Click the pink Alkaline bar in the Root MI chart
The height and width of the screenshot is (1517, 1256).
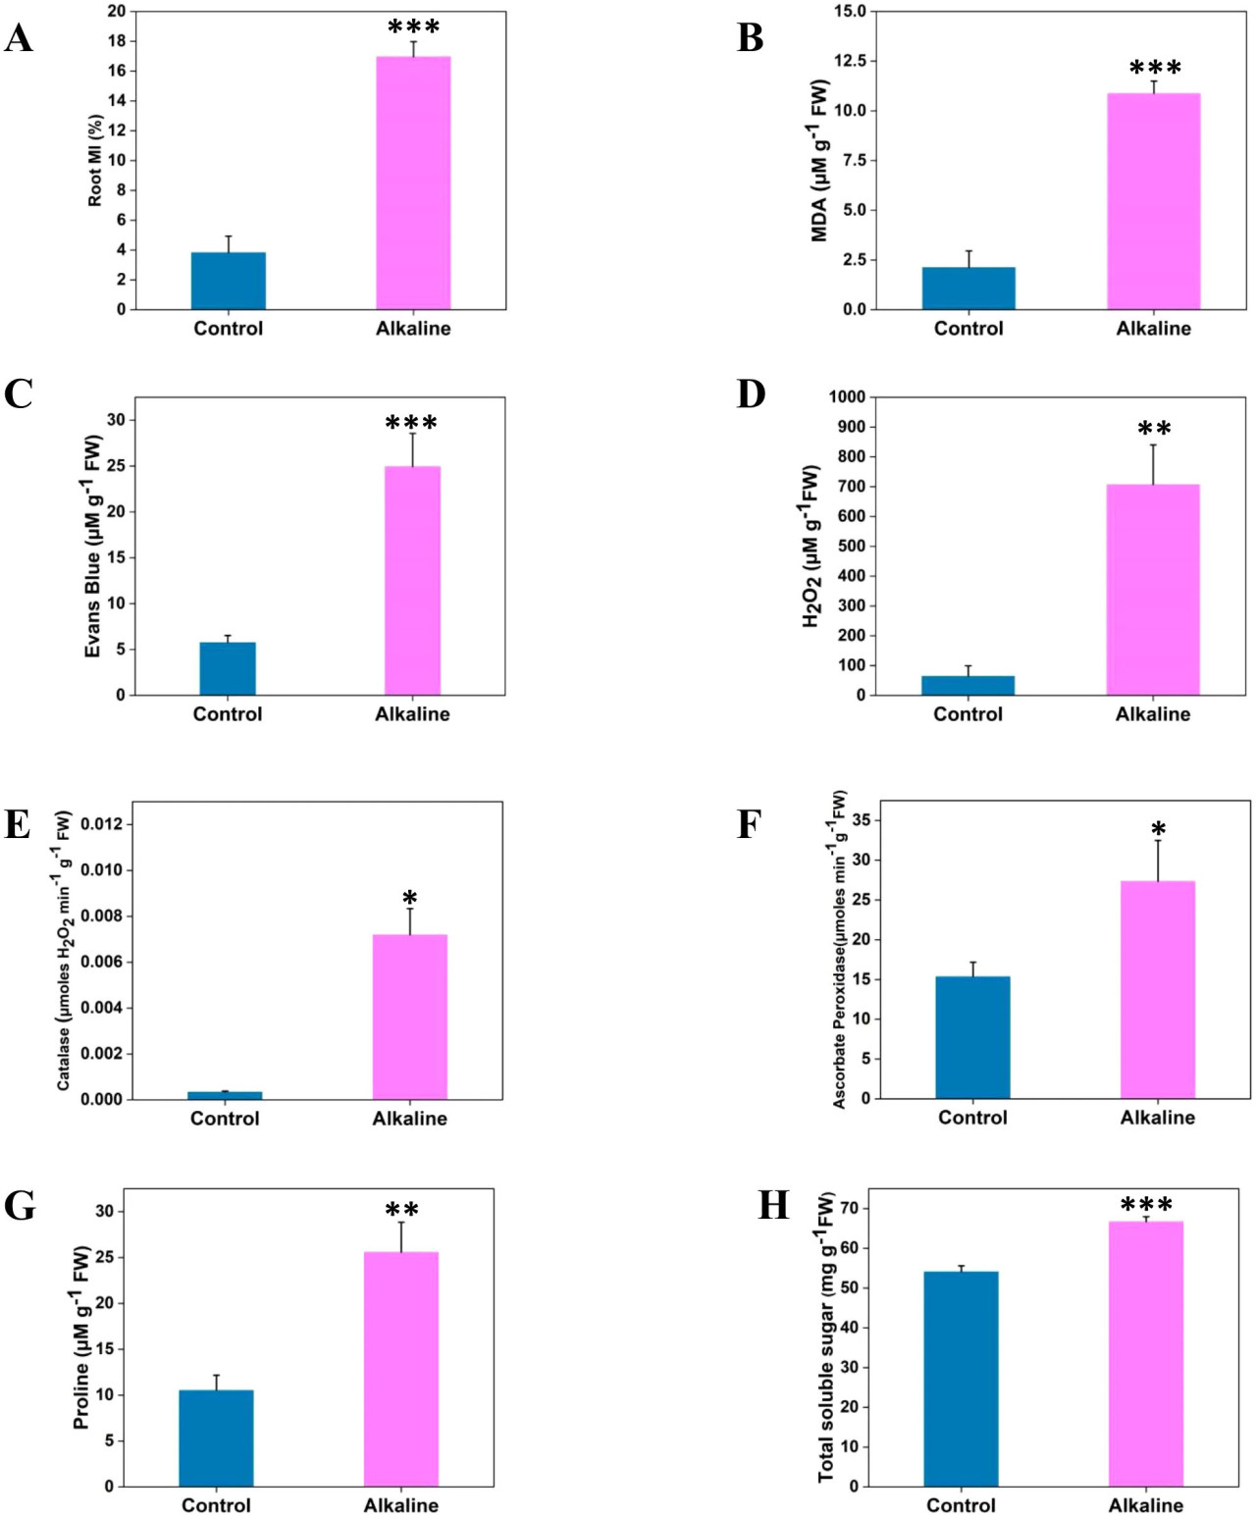(413, 183)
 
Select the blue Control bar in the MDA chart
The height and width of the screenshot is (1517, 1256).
(968, 288)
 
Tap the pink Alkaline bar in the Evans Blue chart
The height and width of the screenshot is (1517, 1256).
(412, 580)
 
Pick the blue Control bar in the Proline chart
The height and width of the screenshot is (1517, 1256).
(216, 1438)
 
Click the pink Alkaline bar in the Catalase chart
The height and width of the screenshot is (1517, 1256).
(409, 1017)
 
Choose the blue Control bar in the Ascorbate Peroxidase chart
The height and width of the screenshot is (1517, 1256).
(972, 1037)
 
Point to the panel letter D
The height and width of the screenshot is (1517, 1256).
(751, 394)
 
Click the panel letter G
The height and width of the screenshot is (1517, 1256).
(20, 1206)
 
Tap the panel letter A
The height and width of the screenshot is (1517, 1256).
(19, 39)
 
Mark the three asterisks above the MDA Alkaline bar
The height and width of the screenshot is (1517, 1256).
(1155, 69)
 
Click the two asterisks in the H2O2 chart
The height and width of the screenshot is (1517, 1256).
(1154, 429)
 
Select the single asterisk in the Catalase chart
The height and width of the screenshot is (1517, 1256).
(409, 898)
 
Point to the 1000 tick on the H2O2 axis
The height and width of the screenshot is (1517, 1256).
(847, 396)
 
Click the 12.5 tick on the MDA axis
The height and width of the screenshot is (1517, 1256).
(850, 61)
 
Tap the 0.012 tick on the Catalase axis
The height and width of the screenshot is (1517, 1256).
(102, 824)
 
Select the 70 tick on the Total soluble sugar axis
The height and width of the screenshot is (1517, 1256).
(849, 1208)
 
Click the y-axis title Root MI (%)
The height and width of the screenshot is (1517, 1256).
(95, 161)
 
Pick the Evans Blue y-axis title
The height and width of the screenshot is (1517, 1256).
(93, 547)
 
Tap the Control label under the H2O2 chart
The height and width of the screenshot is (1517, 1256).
(968, 714)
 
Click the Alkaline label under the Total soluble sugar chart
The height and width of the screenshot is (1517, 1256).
(1145, 1505)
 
